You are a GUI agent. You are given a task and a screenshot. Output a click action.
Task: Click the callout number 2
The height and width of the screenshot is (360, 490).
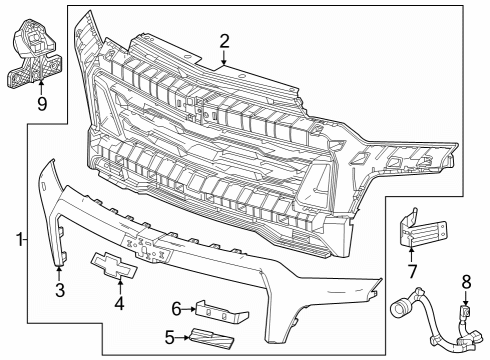tap(225, 41)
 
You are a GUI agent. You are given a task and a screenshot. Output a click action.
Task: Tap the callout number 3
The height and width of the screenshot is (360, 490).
tap(60, 291)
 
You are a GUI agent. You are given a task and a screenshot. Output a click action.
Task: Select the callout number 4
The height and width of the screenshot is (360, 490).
tap(118, 301)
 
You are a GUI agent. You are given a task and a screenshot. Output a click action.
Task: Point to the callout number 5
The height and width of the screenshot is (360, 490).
tap(170, 337)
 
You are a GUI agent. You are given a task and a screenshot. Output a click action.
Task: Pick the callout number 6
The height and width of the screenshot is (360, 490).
tap(176, 309)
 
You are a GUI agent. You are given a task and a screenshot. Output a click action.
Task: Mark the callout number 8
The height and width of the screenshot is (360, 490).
tap(465, 282)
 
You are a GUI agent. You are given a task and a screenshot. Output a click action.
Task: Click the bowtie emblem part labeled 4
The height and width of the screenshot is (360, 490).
tap(118, 261)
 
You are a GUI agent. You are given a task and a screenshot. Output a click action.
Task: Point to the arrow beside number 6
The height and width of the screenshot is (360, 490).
tap(191, 309)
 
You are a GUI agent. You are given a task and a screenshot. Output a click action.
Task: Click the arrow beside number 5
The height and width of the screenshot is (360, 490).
tap(184, 337)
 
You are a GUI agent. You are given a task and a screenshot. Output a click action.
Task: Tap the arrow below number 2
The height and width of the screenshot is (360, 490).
tap(225, 58)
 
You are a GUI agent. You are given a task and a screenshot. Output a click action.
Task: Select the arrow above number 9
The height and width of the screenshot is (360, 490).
tap(41, 85)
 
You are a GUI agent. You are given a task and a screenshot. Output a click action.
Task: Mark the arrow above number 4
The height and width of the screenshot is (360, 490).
tap(118, 282)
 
